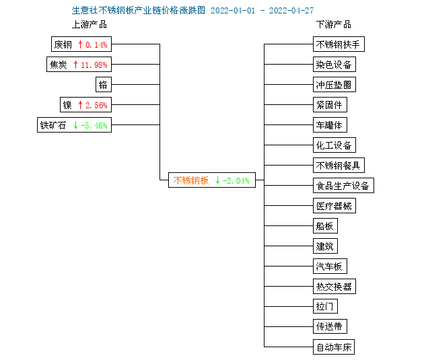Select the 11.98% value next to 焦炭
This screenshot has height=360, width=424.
[94, 65]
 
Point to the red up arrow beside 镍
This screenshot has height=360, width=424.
[80, 105]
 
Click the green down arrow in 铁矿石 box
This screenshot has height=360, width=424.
[75, 125]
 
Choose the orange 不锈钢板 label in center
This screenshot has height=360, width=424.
[191, 180]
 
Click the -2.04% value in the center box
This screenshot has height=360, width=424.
[236, 180]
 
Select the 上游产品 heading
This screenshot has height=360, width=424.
[90, 25]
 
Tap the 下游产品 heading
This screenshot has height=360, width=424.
[334, 25]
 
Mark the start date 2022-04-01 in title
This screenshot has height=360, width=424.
[233, 11]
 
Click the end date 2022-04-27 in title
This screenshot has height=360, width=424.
[291, 11]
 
